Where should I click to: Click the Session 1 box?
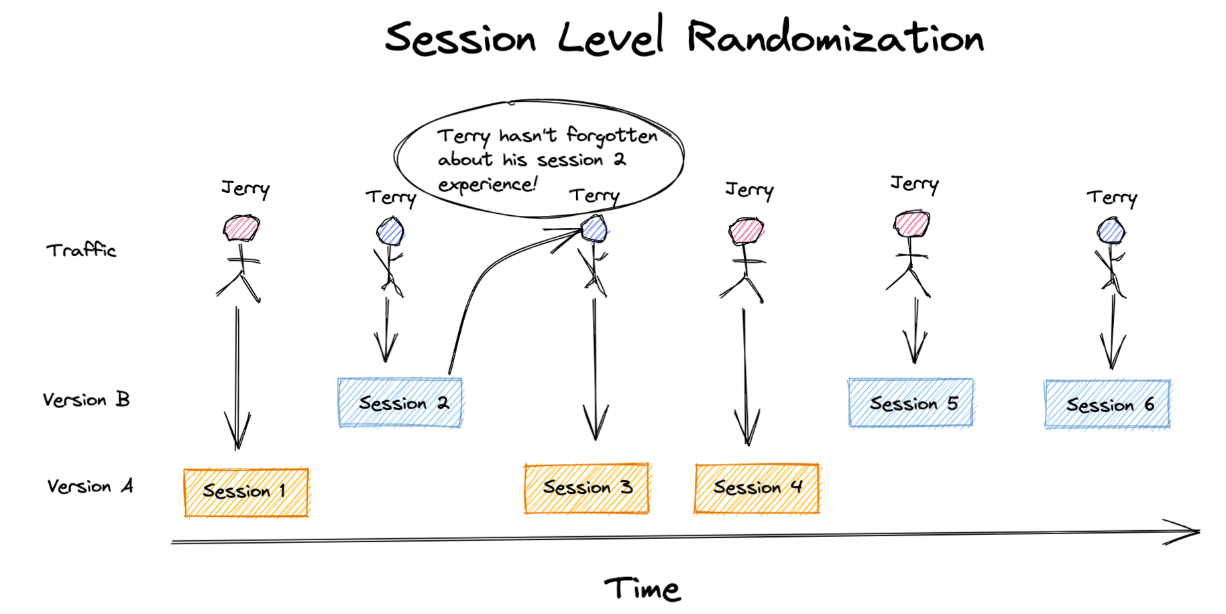pos(246,493)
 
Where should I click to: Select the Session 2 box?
pos(400,403)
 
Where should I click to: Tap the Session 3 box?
pos(587,488)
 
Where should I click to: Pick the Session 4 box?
pos(757,488)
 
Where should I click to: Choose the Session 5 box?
pos(911,403)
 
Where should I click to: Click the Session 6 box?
pos(1107,404)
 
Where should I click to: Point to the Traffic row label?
pos(81,250)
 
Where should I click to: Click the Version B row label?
pos(86,400)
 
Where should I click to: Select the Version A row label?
pos(90,486)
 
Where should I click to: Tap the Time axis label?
pos(643,589)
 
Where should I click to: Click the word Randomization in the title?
pos(836,37)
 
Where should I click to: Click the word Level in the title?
pos(611,36)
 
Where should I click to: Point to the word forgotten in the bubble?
pos(612,136)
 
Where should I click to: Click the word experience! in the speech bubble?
pos(488,184)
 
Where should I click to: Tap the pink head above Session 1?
pos(241,228)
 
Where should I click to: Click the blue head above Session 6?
pos(1111,231)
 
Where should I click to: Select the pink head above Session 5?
pos(912,224)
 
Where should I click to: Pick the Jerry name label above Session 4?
pos(750,190)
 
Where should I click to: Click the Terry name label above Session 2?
pos(391,198)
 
